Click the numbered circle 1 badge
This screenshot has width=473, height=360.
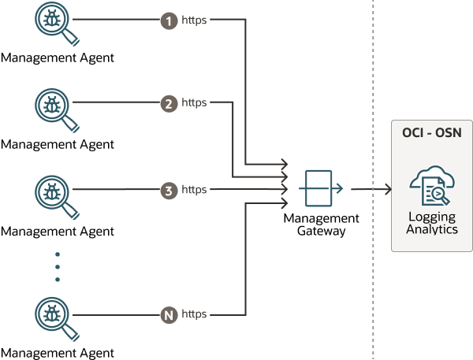pyautogui.click(x=169, y=20)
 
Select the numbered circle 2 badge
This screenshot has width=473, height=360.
pyautogui.click(x=168, y=103)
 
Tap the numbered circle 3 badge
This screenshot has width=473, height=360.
pyautogui.click(x=168, y=190)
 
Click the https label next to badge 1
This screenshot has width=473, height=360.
pyautogui.click(x=195, y=20)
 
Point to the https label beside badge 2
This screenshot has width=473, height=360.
pyautogui.click(x=195, y=103)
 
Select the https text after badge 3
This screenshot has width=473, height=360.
pyautogui.click(x=195, y=190)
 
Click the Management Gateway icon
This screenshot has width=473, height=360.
pyautogui.click(x=322, y=189)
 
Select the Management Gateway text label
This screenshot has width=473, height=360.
pyautogui.click(x=322, y=225)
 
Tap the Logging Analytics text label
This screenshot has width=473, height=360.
pyautogui.click(x=431, y=223)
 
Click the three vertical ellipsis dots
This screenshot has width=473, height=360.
pyautogui.click(x=58, y=267)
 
